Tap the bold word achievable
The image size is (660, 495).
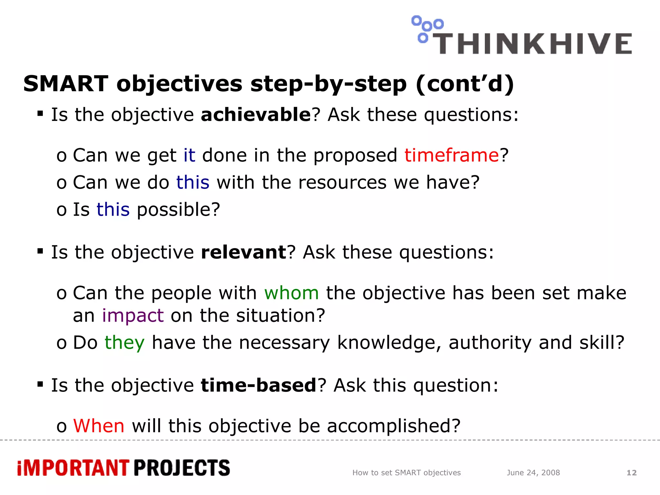(256, 115)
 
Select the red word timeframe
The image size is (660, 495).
(451, 155)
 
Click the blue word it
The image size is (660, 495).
(189, 155)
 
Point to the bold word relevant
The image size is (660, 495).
(243, 252)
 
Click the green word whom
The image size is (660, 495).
(291, 293)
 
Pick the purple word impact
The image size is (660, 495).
(133, 315)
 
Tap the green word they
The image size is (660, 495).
(124, 343)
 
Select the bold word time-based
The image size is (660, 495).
(258, 385)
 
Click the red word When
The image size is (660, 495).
(99, 426)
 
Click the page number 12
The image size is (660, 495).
(631, 473)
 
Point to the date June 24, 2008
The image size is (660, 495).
(533, 473)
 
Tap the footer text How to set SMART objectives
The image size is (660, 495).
(406, 473)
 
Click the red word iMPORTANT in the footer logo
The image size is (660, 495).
(73, 468)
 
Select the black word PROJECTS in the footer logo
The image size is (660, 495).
(182, 468)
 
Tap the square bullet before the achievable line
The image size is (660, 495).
(40, 113)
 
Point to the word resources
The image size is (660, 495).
(342, 183)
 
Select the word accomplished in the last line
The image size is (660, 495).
(393, 426)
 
